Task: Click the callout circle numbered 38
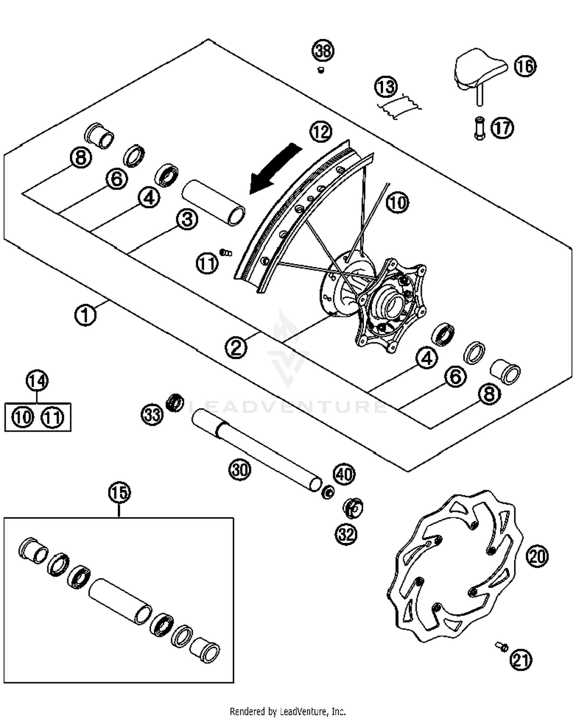[323, 51]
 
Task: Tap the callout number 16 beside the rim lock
[525, 66]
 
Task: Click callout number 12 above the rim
[321, 132]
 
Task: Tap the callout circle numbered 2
[236, 347]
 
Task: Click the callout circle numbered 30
[240, 469]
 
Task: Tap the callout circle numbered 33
[152, 414]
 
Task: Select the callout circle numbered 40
[344, 474]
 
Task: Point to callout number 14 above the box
[37, 381]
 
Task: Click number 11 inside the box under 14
[53, 417]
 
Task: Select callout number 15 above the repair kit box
[119, 492]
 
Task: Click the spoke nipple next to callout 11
[226, 252]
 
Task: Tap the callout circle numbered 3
[187, 220]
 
